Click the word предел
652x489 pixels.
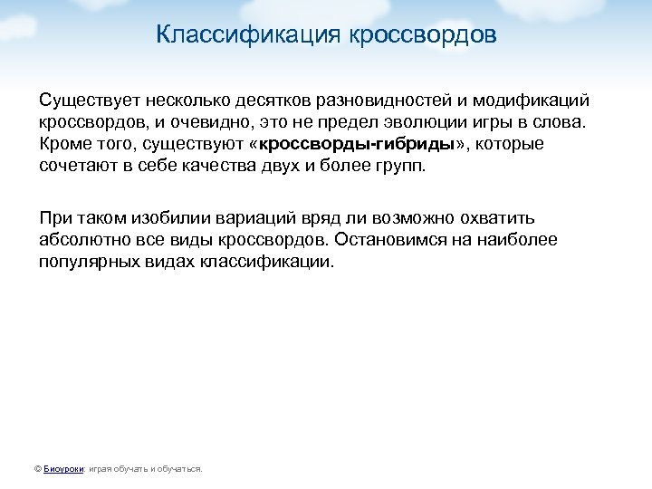pos(349,120)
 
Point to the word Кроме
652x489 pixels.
pos(62,144)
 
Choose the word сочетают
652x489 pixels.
pos(79,168)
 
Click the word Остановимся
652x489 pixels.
pos(393,240)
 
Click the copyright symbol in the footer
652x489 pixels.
pos(36,469)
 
